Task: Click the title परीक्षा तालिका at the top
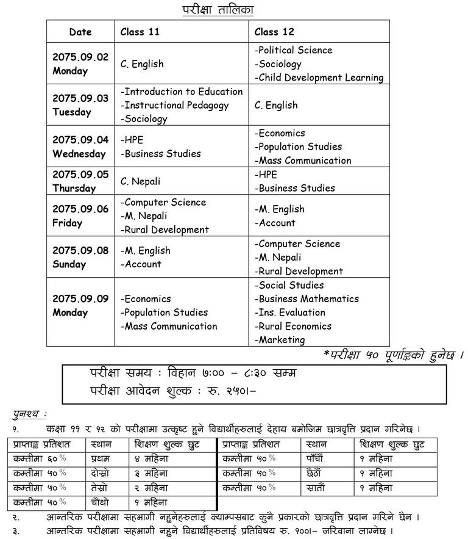[x=218, y=9]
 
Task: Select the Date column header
[x=80, y=32]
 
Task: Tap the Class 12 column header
[x=274, y=32]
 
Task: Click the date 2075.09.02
[x=80, y=57]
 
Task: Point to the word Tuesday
[x=71, y=112]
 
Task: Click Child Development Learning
[x=319, y=78]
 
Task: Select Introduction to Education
[x=182, y=92]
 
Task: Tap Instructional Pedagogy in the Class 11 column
[x=175, y=105]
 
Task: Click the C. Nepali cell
[x=142, y=181]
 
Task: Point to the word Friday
[x=67, y=223]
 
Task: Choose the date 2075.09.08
[x=80, y=250]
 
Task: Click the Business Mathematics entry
[x=307, y=298]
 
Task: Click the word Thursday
[x=74, y=188]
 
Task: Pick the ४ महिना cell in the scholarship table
[x=152, y=458]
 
